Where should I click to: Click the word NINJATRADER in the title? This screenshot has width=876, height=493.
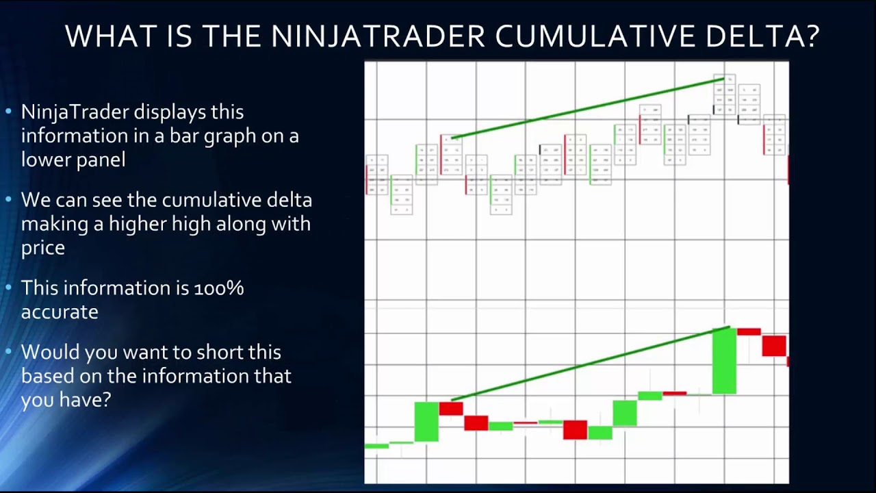[378, 36]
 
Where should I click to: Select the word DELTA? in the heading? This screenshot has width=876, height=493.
[758, 36]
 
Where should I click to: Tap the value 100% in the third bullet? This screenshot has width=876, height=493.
[219, 288]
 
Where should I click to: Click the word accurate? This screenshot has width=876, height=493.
[60, 312]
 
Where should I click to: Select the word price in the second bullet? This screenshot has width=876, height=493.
[42, 247]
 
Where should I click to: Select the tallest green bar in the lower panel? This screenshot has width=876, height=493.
[724, 361]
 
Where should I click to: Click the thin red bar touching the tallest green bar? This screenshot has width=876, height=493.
[749, 331]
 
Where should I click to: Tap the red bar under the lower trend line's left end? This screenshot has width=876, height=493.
[451, 409]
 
